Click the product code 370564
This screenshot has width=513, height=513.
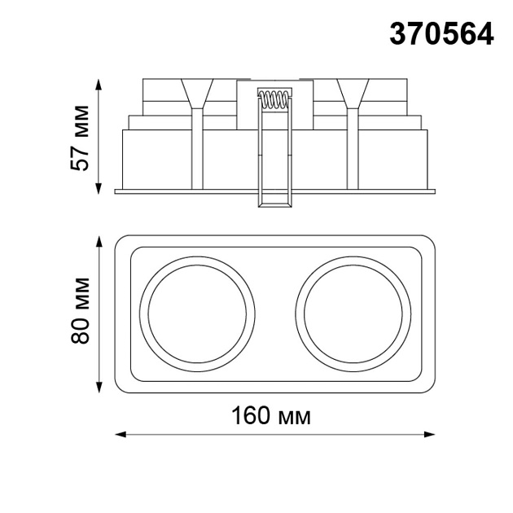coord(442,33)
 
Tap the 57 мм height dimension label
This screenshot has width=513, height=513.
coord(80,136)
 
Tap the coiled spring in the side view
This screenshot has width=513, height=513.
coord(274,100)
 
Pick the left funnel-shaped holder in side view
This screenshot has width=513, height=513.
coord(198,93)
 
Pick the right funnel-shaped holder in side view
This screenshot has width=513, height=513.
coord(353,93)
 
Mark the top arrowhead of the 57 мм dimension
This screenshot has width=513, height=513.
coord(99,84)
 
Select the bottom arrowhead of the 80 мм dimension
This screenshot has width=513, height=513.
coord(99,385)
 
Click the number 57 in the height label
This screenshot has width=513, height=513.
coord(80,158)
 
